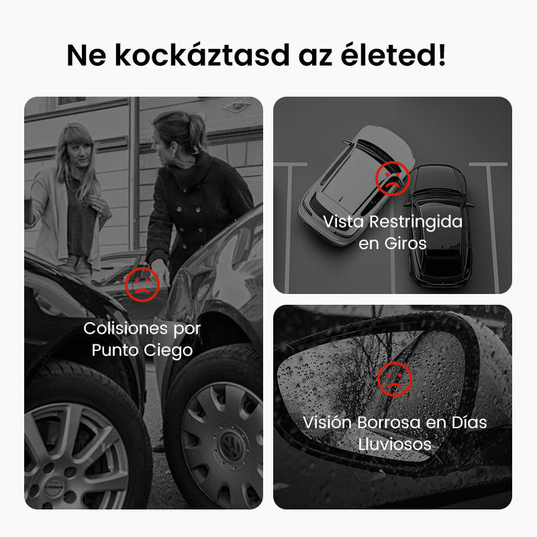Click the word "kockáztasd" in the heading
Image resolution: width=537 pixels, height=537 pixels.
[202, 55]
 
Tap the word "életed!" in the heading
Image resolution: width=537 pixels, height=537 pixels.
[393, 54]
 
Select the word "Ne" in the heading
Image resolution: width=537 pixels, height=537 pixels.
[87, 55]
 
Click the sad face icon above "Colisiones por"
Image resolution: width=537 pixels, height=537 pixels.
[142, 285]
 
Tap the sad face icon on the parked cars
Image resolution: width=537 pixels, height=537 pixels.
[393, 179]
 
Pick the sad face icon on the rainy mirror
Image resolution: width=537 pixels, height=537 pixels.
[395, 379]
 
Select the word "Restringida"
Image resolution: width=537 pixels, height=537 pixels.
[416, 222]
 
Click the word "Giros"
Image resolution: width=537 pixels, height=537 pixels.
[405, 244]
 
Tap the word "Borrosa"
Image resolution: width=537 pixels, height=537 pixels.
[389, 422]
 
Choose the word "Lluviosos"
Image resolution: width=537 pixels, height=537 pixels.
[395, 444]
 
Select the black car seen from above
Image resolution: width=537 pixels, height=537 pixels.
[439, 226]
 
